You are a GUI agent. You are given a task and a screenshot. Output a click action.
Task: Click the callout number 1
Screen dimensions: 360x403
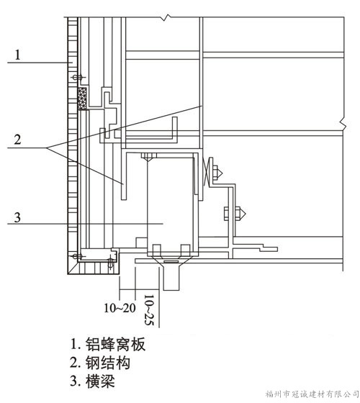[x=17, y=55]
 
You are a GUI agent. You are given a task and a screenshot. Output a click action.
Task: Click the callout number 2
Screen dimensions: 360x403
[x=17, y=140]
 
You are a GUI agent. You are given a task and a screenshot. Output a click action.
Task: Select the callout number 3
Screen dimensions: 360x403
[x=17, y=217]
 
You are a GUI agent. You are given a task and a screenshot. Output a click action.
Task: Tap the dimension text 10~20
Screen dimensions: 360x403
[x=120, y=308]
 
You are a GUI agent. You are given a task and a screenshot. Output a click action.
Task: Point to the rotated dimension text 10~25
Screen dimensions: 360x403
[x=149, y=310]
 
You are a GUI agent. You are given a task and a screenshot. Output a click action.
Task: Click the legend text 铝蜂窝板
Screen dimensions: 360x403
[x=115, y=344]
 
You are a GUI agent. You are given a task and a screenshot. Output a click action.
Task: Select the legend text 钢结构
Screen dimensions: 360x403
[x=108, y=363]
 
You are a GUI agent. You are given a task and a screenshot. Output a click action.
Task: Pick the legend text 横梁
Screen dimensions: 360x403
[x=100, y=381]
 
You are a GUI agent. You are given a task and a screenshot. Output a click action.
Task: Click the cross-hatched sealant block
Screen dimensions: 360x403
[x=82, y=99]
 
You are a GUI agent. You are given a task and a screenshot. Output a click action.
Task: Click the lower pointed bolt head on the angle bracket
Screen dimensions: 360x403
[x=240, y=213]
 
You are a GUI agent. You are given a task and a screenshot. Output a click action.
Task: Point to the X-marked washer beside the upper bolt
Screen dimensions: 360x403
[x=206, y=172]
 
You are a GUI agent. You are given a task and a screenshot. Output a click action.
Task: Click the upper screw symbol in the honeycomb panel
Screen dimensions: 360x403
[x=76, y=77]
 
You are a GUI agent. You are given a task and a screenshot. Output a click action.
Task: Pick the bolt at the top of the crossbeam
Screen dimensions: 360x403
[x=148, y=157]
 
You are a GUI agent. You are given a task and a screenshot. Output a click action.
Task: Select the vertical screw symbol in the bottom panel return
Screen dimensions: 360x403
[x=111, y=262]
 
